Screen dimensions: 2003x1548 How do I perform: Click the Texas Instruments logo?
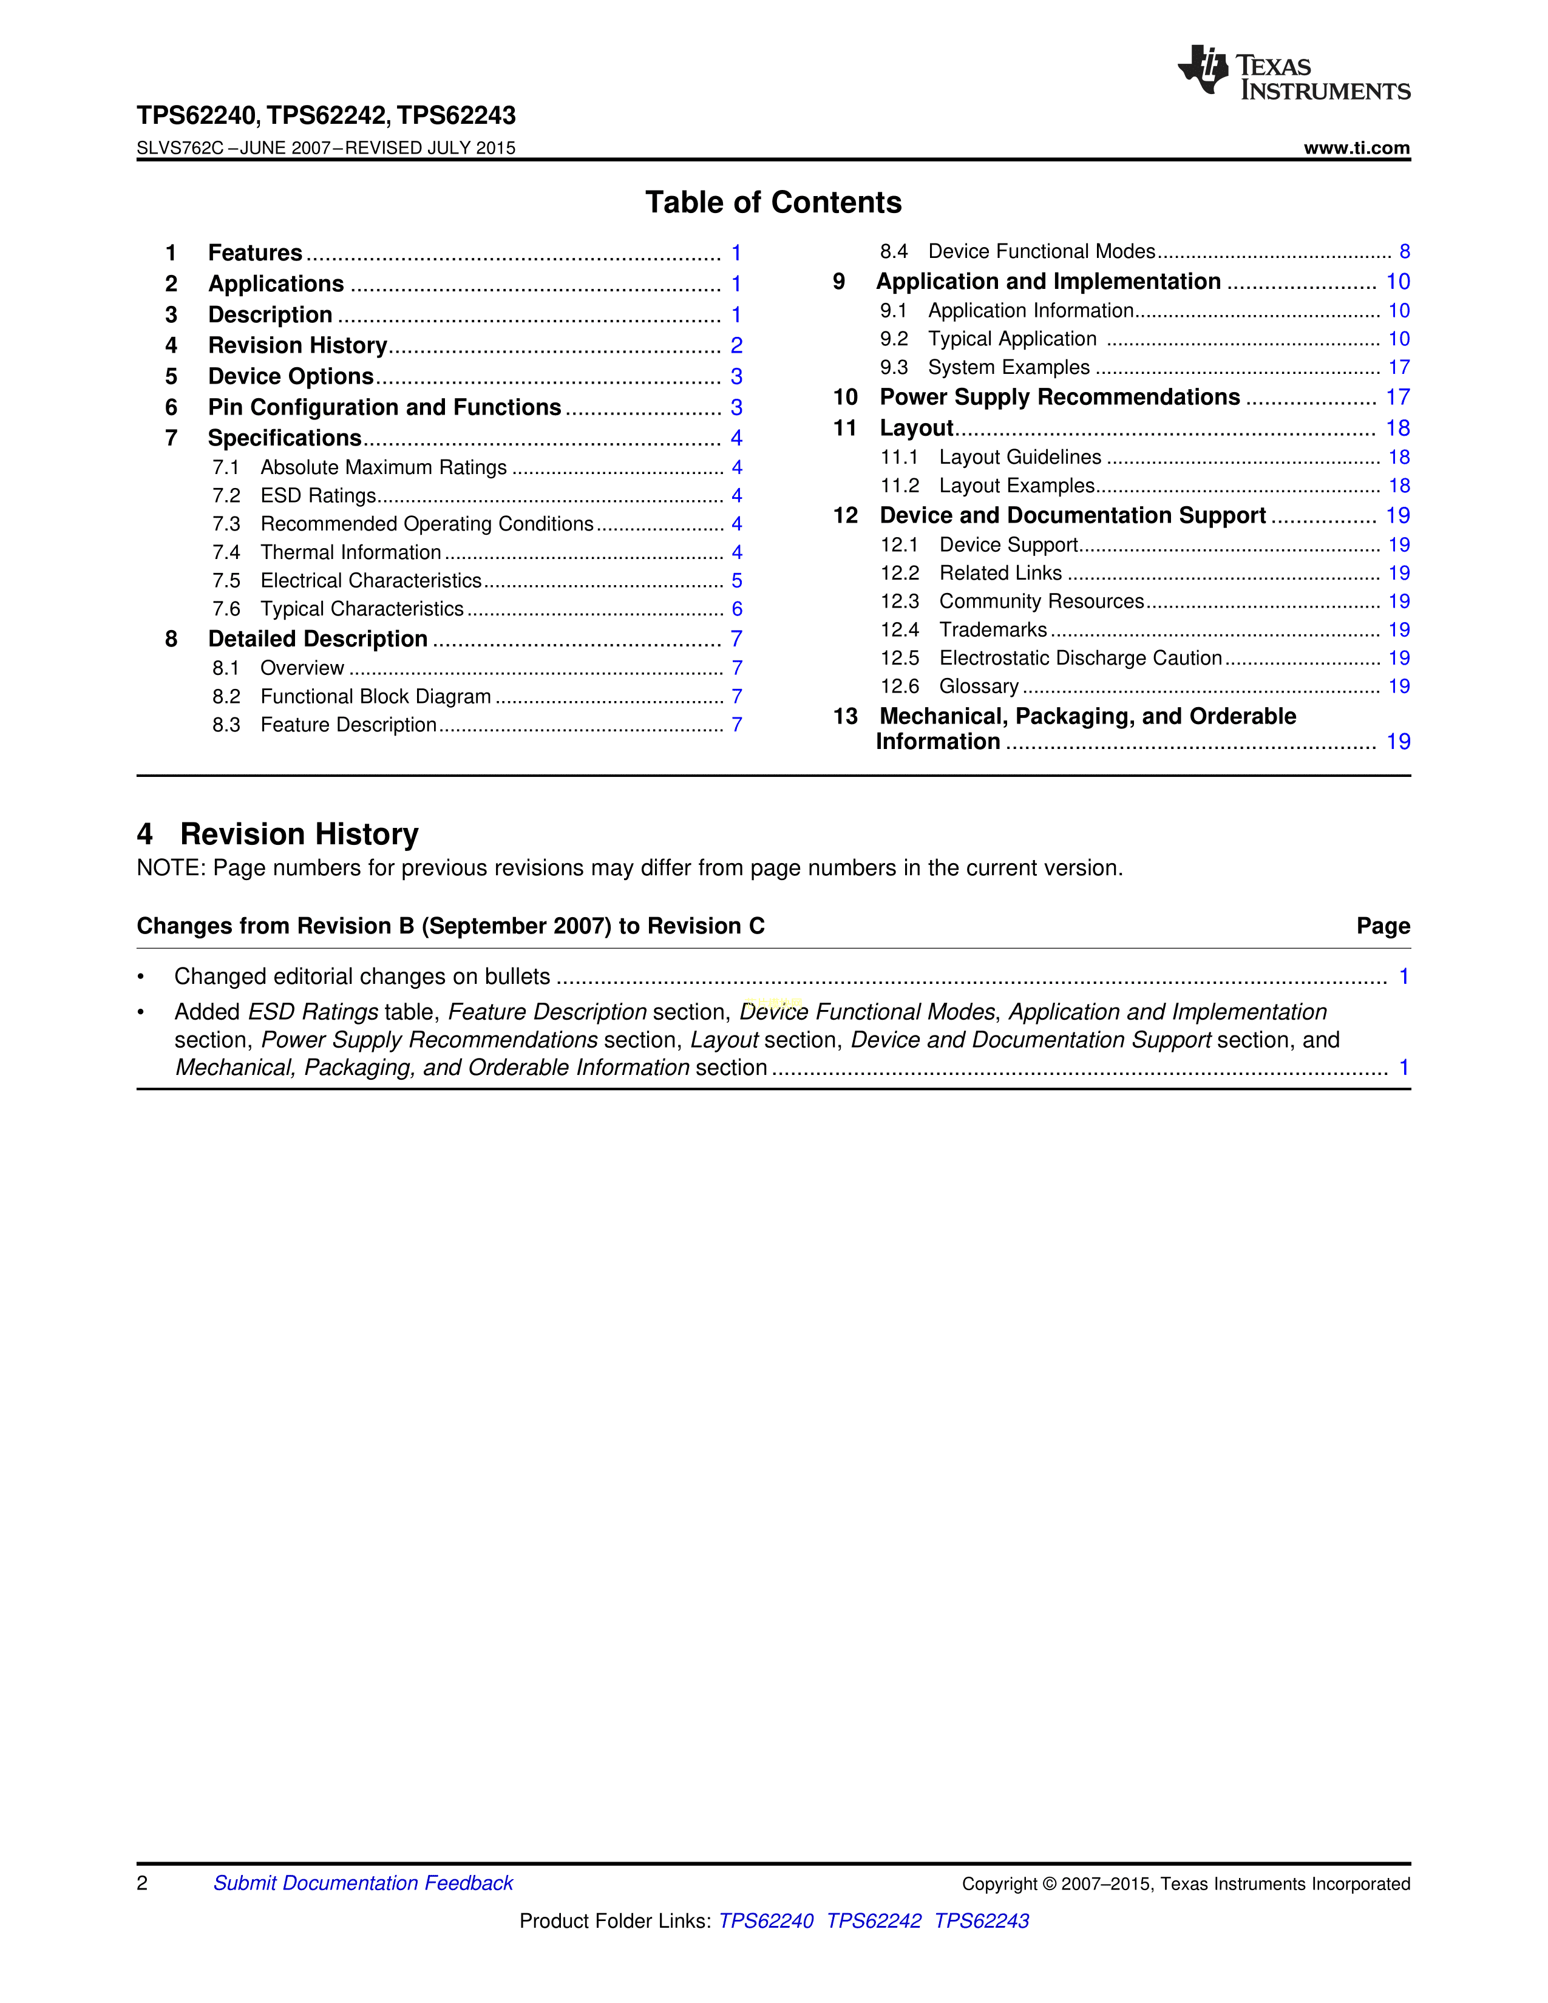click(1293, 72)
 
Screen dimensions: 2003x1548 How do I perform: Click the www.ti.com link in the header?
click(1356, 147)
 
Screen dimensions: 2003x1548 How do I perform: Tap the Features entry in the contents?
click(255, 253)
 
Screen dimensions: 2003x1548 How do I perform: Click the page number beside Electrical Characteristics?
click(736, 580)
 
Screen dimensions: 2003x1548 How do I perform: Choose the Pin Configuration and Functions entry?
click(384, 407)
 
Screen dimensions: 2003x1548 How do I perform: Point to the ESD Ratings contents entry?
click(318, 495)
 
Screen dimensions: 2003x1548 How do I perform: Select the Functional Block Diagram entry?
click(375, 696)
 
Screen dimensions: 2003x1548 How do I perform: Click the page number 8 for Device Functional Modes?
click(1404, 251)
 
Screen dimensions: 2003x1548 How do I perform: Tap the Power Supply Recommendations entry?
click(1059, 397)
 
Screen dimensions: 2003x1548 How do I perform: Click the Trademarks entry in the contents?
click(993, 629)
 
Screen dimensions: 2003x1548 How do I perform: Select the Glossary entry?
click(979, 686)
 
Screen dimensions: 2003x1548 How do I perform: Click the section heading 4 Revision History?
click(278, 833)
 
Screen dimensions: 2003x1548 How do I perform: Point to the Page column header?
click(1383, 926)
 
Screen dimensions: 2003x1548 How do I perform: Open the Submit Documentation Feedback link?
click(363, 1883)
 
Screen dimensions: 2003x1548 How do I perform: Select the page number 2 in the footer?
click(142, 1883)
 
